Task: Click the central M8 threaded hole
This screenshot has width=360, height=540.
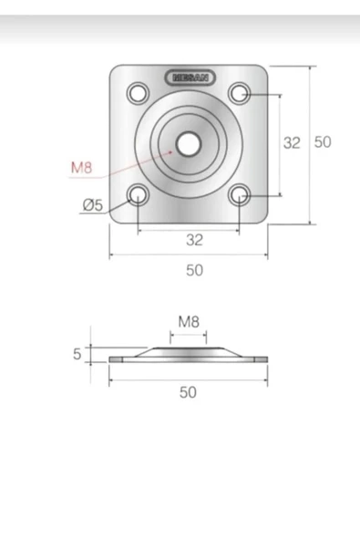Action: [x=188, y=144]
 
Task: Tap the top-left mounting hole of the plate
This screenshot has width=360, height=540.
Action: [x=138, y=93]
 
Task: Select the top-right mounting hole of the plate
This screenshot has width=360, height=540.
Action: [x=239, y=93]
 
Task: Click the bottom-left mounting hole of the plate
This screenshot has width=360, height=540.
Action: [x=138, y=195]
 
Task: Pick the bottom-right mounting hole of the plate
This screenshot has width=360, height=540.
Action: [x=239, y=195]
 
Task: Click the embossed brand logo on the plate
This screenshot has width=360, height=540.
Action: [x=190, y=78]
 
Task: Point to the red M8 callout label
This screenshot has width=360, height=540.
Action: [x=81, y=168]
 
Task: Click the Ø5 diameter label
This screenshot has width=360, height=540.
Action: [x=93, y=205]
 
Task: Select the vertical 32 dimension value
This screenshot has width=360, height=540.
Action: [x=292, y=142]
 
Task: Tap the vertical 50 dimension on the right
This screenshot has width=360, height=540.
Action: [x=323, y=142]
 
